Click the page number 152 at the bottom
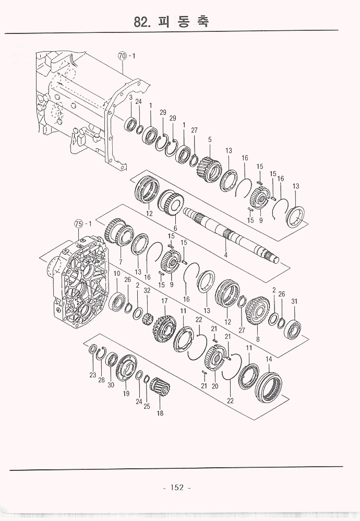click(177, 488)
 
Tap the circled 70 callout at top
click(123, 56)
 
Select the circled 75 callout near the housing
click(79, 224)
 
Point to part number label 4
click(225, 255)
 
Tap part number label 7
click(121, 262)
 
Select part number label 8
click(258, 339)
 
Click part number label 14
click(269, 359)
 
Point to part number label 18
click(160, 413)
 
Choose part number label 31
click(294, 301)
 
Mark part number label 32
click(147, 290)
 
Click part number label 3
click(131, 97)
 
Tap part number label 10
click(116, 274)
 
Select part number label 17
click(164, 301)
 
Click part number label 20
click(215, 386)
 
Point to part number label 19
click(126, 394)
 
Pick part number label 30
click(111, 385)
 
